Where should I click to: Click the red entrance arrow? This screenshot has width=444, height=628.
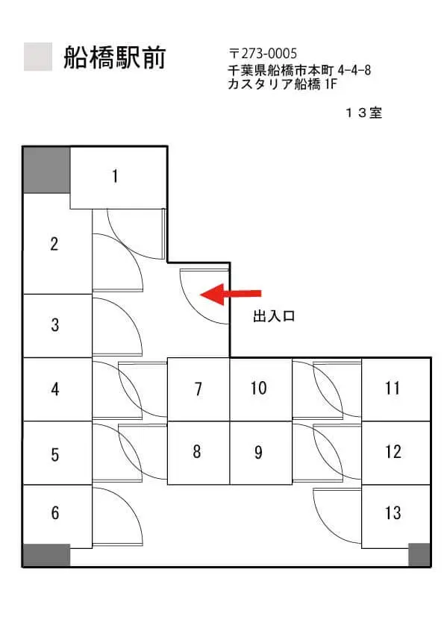pyautogui.click(x=231, y=294)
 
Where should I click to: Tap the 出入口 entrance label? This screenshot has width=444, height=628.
pyautogui.click(x=274, y=316)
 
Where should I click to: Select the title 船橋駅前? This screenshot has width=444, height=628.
pyautogui.click(x=115, y=57)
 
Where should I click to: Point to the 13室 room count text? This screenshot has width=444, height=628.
pyautogui.click(x=363, y=113)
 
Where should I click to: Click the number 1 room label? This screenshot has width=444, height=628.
pyautogui.click(x=115, y=176)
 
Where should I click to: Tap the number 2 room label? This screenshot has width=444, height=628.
pyautogui.click(x=54, y=244)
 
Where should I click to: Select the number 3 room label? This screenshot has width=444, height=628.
pyautogui.click(x=55, y=324)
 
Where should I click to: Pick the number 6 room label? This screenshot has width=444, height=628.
pyautogui.click(x=55, y=512)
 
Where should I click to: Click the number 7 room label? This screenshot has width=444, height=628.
pyautogui.click(x=198, y=389)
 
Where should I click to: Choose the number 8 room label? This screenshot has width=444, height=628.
pyautogui.click(x=197, y=451)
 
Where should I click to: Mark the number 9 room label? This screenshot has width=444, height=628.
pyautogui.click(x=258, y=452)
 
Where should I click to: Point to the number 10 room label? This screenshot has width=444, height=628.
pyautogui.click(x=258, y=388)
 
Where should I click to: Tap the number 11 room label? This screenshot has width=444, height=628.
pyautogui.click(x=393, y=388)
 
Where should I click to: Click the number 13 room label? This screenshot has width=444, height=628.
pyautogui.click(x=393, y=512)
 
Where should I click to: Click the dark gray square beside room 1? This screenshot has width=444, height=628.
pyautogui.click(x=46, y=170)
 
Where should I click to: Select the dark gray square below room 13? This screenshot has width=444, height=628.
pyautogui.click(x=419, y=554)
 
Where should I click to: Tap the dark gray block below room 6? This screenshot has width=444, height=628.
pyautogui.click(x=46, y=555)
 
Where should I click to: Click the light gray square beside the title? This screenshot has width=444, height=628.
pyautogui.click(x=38, y=57)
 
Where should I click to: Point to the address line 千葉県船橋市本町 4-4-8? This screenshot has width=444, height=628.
pyautogui.click(x=299, y=70)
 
